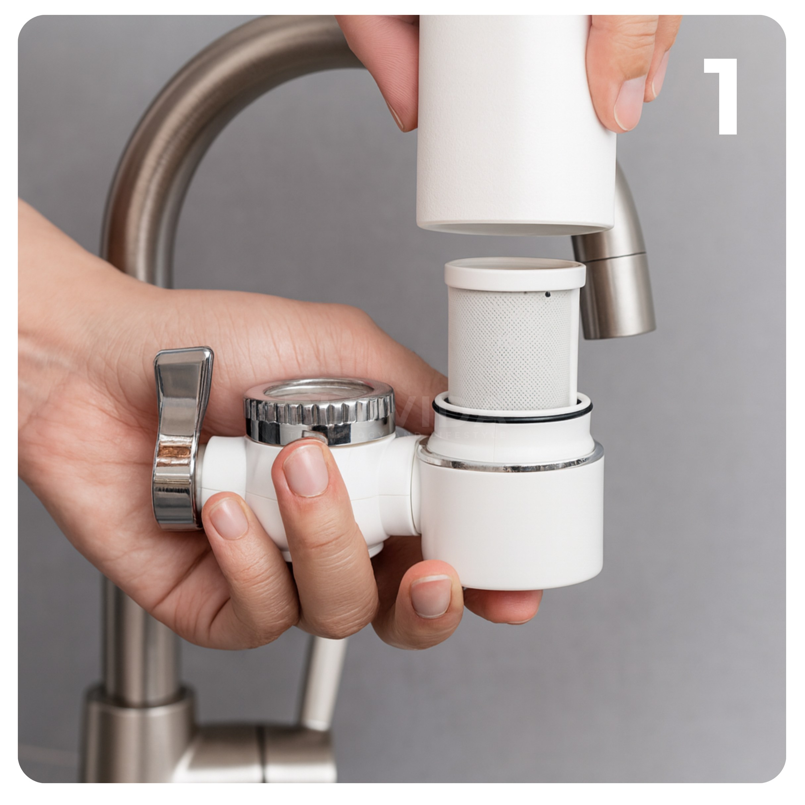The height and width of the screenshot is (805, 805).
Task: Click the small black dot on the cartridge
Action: [548, 295]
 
